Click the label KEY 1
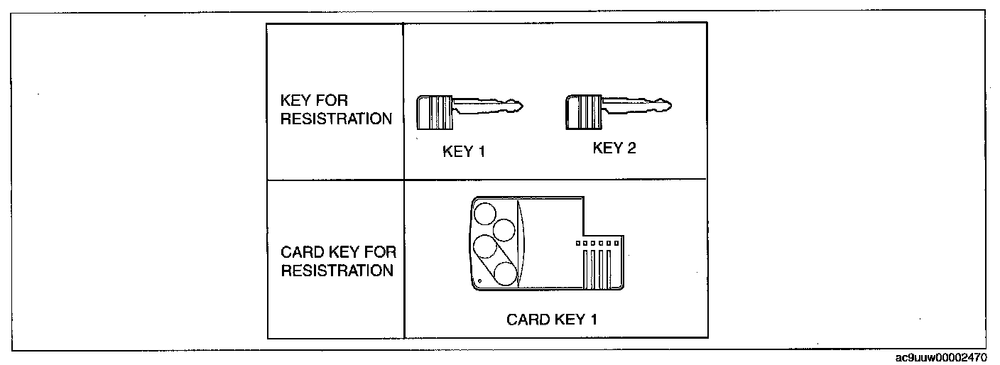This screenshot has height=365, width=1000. pos(463,151)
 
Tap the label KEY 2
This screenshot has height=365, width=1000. pos(612,148)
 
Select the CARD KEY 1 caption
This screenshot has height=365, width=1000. pos(551,320)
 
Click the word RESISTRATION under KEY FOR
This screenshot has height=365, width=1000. pos(336,119)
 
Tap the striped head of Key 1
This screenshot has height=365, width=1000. pos(434,112)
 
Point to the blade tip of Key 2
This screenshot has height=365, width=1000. pos(669,107)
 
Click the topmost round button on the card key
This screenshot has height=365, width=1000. pos(485,213)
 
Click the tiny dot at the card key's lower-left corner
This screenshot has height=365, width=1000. pos(479,281)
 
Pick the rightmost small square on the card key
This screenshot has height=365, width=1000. pos(616,244)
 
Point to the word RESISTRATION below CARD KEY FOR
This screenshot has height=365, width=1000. pos(337,271)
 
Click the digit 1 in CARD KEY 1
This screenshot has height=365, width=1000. pos(593,320)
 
